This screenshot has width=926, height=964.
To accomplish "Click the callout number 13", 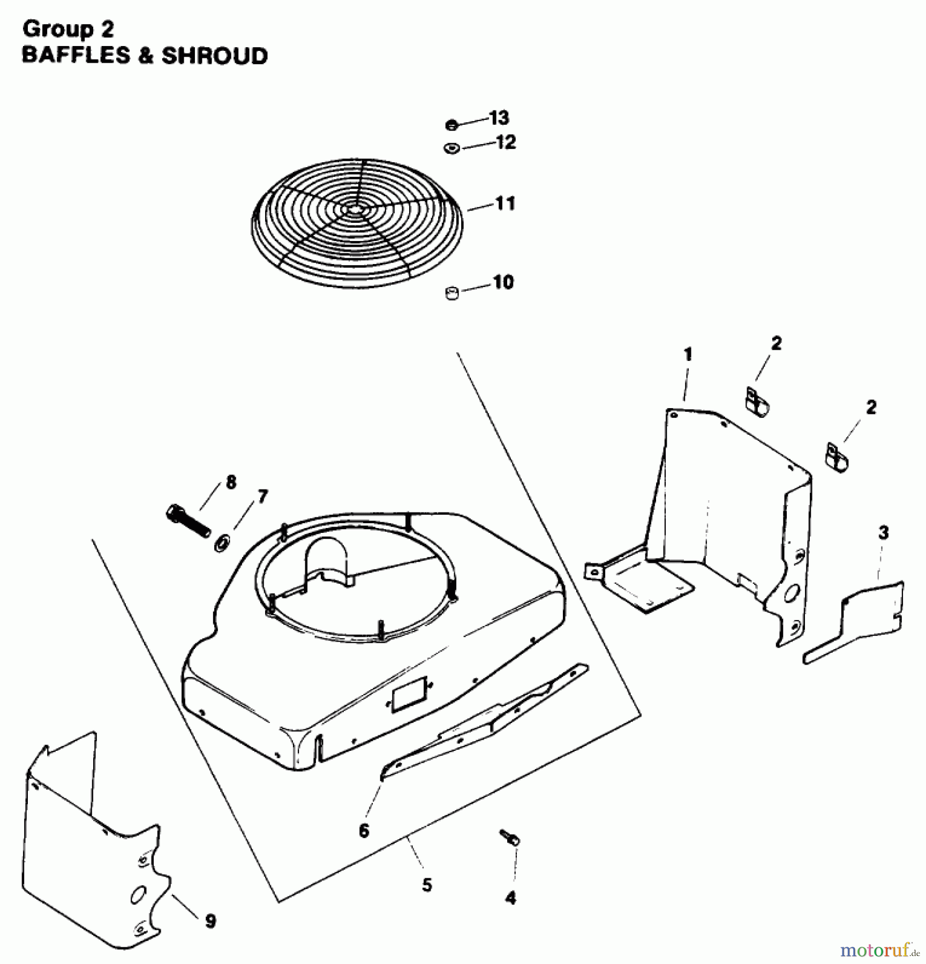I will [x=499, y=117].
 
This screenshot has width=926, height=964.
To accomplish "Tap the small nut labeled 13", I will [x=451, y=125].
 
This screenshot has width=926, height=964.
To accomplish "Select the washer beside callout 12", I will [x=451, y=148].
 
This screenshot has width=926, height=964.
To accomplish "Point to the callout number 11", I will [x=505, y=204].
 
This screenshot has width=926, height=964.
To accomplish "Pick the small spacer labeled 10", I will [x=452, y=293].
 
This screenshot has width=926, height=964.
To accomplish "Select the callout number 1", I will [x=688, y=355].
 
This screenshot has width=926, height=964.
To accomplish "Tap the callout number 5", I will [x=426, y=885].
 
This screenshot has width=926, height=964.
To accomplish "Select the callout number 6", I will [x=364, y=831].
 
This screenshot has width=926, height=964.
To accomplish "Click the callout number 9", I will [x=210, y=921].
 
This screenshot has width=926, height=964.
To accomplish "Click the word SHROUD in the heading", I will [x=214, y=56].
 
